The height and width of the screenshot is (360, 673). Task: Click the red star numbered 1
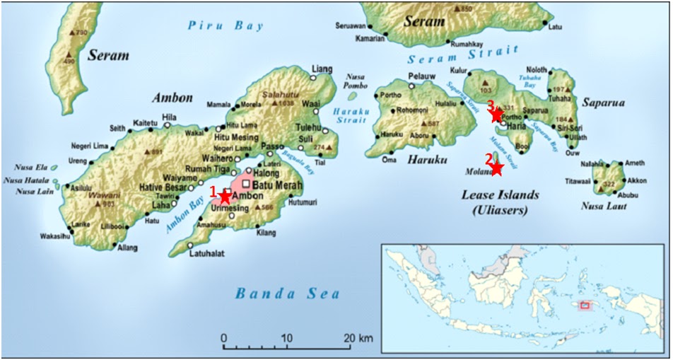coord(226,196)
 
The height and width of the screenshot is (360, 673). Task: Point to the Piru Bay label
coord(226,26)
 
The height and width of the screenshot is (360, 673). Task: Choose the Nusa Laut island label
coord(604,207)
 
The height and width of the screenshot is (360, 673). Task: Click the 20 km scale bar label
coord(357,337)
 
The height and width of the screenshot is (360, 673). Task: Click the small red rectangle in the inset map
coord(585,306)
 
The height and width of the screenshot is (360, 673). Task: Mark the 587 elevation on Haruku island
coord(433,124)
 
